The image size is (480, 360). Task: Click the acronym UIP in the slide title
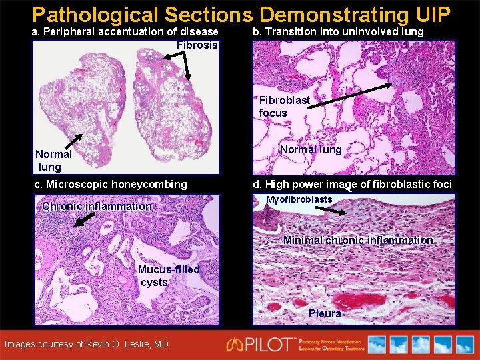[433, 15]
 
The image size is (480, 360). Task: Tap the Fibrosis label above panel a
[197, 45]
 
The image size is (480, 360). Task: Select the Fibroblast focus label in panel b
[284, 107]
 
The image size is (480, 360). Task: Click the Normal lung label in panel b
[311, 150]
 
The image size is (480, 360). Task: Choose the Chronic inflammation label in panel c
[97, 207]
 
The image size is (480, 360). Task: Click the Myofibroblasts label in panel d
[299, 200]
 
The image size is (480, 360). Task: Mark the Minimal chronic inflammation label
[359, 241]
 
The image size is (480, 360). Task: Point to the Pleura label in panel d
[325, 313]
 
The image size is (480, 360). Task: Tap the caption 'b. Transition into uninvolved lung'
[338, 32]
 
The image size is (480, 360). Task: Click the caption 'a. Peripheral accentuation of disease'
[125, 32]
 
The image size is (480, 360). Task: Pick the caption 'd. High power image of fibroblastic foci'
[352, 185]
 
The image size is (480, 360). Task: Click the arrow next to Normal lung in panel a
[79, 143]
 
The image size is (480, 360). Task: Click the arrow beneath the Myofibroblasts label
[330, 210]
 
